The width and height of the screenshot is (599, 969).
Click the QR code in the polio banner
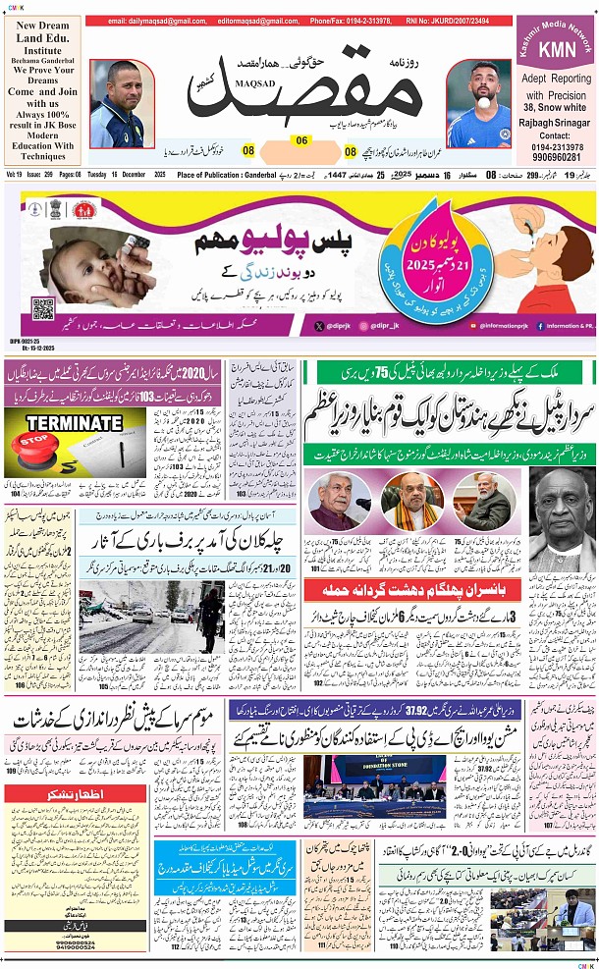tap(43, 309)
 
